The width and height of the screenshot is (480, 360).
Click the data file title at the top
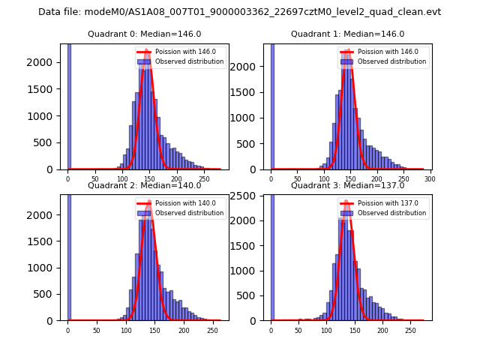tap(239, 12)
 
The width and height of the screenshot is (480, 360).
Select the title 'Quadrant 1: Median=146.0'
tap(347, 34)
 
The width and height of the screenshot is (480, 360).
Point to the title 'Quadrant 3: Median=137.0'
tap(347, 185)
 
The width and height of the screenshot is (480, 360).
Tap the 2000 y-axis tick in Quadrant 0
tap(44, 64)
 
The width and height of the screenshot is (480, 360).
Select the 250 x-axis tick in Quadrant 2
tap(184, 330)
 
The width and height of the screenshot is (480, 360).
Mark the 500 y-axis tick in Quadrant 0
tap(47, 143)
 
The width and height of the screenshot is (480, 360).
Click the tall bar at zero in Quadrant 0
tap(69, 105)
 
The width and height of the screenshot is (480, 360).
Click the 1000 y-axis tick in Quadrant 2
tap(44, 268)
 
